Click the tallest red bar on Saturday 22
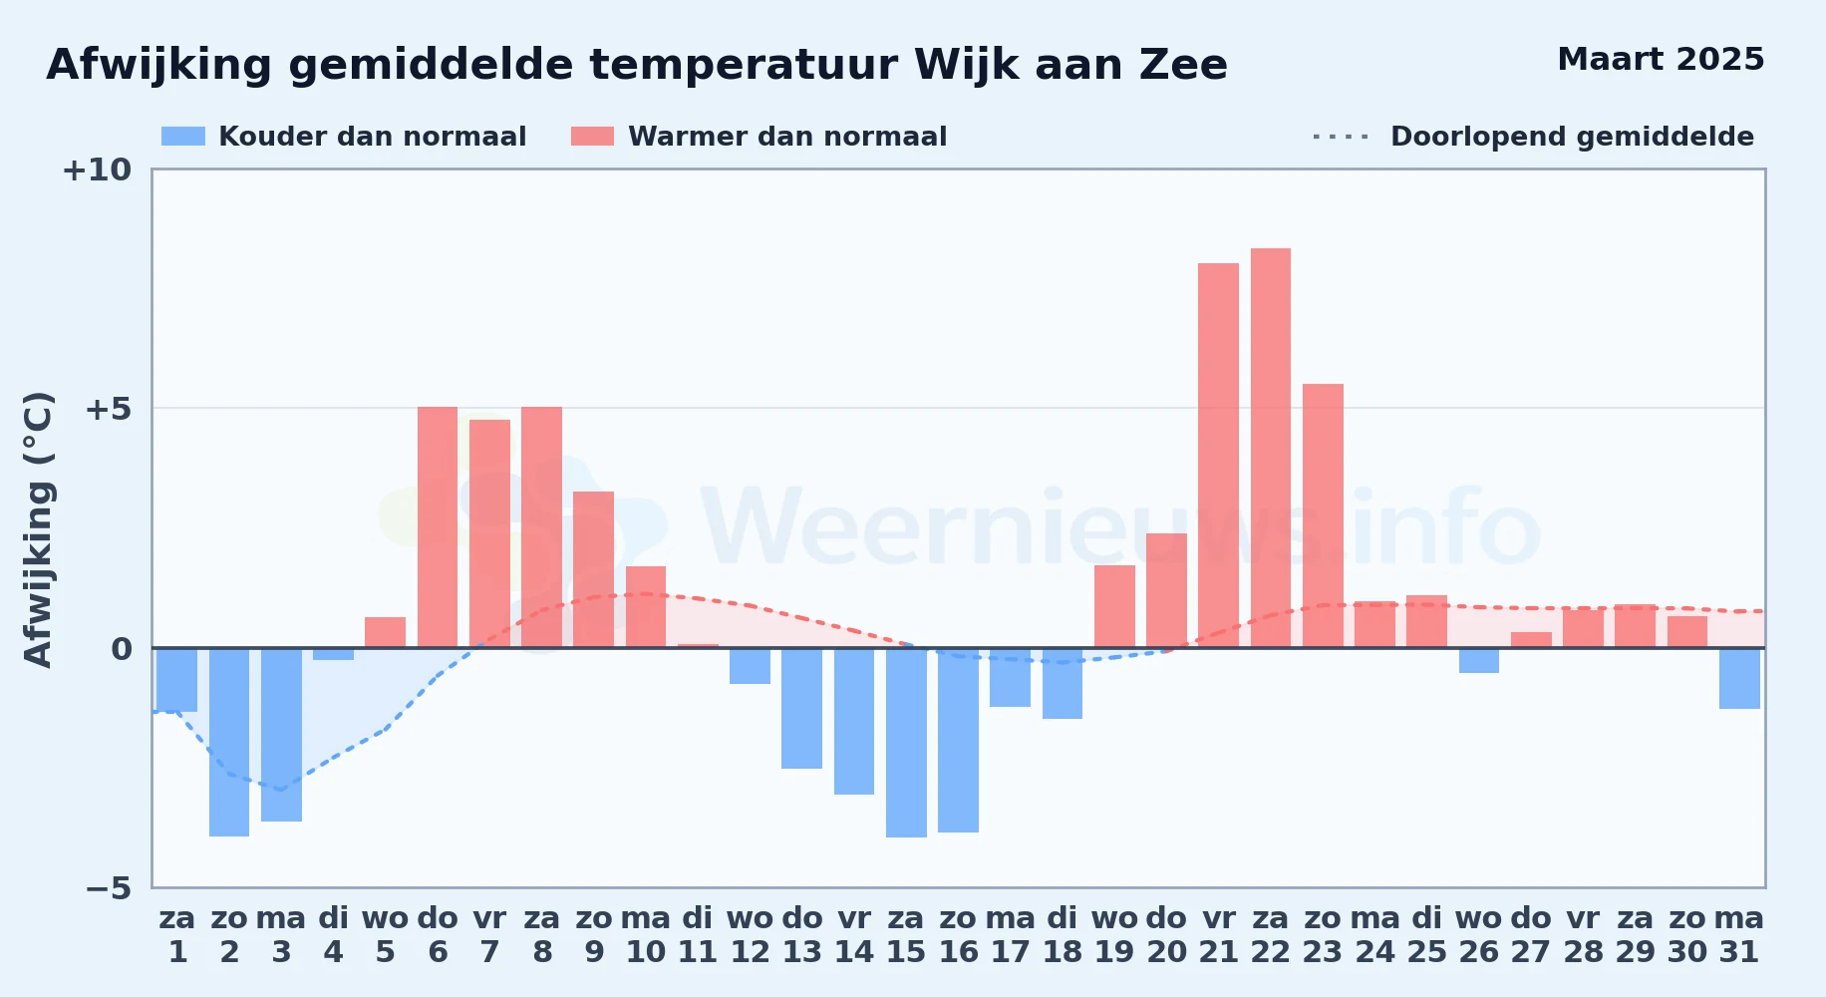(1270, 448)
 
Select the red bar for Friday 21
(1218, 456)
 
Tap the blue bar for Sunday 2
(229, 742)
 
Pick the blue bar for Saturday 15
(906, 743)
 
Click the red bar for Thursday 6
(438, 527)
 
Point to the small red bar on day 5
(385, 632)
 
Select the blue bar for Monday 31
(1739, 678)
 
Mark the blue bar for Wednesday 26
(1479, 660)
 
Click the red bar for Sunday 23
(1323, 515)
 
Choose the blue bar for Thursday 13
(801, 708)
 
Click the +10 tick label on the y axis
(97, 169)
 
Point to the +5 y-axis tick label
(109, 409)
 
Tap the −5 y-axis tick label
(109, 887)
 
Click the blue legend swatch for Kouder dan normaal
(183, 137)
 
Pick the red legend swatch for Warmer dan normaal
(592, 137)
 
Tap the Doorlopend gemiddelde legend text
(1572, 137)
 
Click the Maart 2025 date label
(1661, 59)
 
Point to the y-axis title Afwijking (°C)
(38, 528)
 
